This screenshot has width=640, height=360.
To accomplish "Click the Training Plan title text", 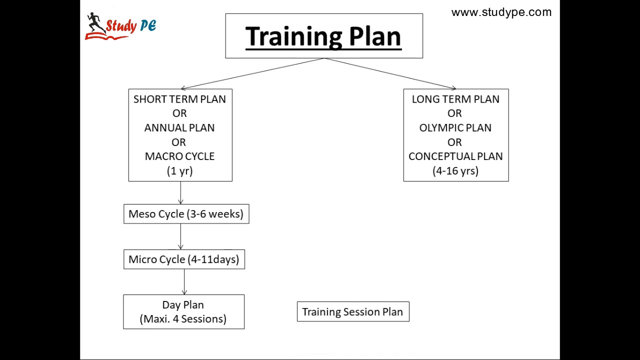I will [x=323, y=36].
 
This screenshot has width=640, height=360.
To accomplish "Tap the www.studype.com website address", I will [x=501, y=12].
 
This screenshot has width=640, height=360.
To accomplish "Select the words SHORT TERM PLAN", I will [x=179, y=99].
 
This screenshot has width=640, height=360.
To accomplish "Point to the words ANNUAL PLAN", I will [x=179, y=128].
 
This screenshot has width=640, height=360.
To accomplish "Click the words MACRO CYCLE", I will [x=179, y=156].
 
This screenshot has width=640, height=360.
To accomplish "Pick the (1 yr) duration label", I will [x=179, y=171].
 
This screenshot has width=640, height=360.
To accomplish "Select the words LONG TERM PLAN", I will [x=455, y=99].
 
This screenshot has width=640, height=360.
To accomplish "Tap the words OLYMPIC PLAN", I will [x=455, y=128].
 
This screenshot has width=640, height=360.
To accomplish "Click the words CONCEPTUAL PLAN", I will [x=455, y=156].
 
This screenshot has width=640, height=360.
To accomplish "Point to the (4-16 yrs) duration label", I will [x=455, y=171].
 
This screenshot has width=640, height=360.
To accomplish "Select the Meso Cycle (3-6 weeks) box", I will [x=186, y=214].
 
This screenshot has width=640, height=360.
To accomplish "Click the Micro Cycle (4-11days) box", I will [x=184, y=259].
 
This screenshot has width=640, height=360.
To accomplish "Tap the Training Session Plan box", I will [x=352, y=312].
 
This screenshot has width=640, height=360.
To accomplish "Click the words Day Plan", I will [x=183, y=305].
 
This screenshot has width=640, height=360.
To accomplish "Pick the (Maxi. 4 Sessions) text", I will [x=183, y=319].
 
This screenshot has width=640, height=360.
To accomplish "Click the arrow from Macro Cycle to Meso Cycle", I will [x=180, y=193].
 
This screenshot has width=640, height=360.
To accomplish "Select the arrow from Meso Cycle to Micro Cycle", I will [x=180, y=236].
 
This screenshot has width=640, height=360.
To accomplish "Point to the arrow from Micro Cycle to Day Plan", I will [x=184, y=282].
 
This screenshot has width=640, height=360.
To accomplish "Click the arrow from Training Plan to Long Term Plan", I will [x=390, y=73].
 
